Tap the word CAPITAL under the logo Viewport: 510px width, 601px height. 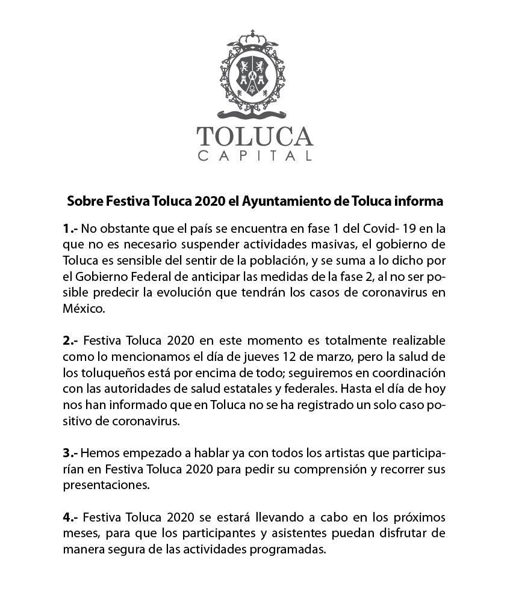click(255, 156)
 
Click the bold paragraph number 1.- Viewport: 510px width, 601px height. click(70, 229)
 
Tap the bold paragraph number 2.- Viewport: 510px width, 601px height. click(70, 341)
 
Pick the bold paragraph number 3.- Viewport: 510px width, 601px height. click(70, 452)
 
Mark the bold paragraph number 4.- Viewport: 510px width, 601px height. click(70, 517)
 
